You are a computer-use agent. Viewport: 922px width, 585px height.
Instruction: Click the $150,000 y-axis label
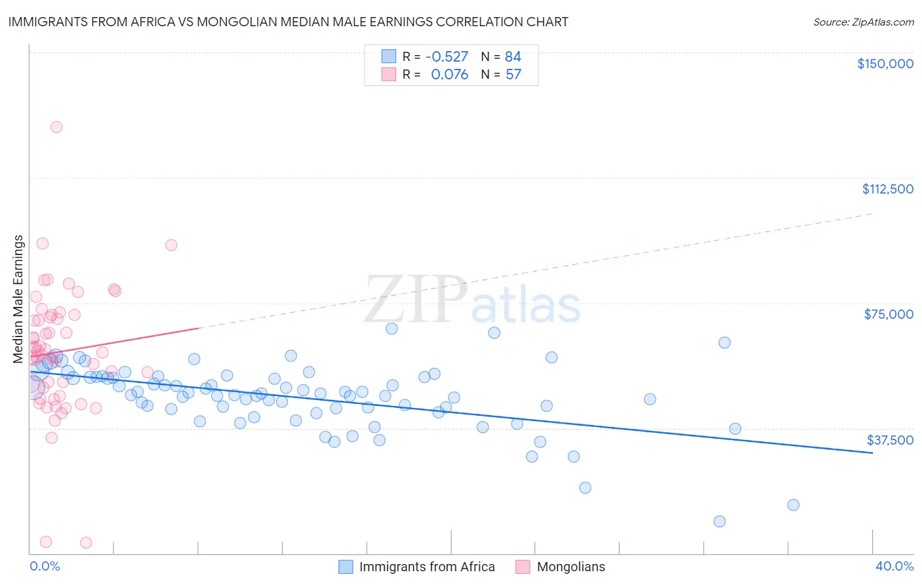885,64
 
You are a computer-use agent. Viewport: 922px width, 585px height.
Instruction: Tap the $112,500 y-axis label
887,189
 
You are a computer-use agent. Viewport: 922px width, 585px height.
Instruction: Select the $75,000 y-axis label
889,314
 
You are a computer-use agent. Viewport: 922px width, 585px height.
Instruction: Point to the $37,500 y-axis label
890,440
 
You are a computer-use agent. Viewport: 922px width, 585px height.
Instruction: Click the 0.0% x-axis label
45,566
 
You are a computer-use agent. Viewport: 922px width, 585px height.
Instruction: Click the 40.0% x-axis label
894,566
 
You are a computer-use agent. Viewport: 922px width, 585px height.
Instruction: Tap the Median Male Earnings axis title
18,299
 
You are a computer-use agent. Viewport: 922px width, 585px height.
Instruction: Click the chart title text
288,22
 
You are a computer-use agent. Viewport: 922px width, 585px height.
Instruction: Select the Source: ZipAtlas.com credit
863,22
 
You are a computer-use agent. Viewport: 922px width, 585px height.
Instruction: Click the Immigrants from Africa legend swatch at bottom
346,567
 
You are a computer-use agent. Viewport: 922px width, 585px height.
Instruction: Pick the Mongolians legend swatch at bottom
523,567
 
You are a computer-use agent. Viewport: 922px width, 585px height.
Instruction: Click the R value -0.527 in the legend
447,57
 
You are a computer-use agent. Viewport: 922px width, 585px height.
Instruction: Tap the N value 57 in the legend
513,75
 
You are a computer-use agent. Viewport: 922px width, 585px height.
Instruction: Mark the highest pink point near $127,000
56,127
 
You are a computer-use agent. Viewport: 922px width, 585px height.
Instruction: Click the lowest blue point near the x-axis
719,521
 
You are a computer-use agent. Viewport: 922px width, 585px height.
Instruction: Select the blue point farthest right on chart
793,505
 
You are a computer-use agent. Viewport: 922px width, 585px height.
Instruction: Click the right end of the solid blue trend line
872,453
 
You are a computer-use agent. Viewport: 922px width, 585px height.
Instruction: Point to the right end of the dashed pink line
872,214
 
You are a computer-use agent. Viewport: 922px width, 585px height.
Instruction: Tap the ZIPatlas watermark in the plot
472,300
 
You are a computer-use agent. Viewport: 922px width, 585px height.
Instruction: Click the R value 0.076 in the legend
449,75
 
